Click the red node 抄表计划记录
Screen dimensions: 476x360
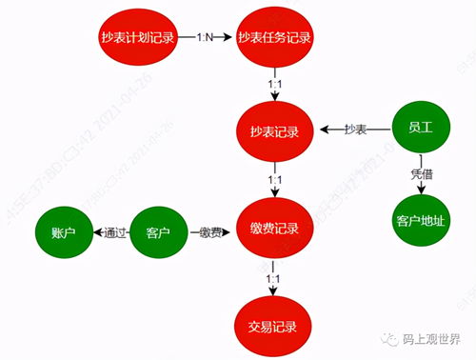pyautogui.click(x=138, y=37)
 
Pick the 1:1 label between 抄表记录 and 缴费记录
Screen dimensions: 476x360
pyautogui.click(x=274, y=180)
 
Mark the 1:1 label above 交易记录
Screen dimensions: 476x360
pyautogui.click(x=274, y=278)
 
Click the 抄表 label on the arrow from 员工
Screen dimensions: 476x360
pyautogui.click(x=355, y=129)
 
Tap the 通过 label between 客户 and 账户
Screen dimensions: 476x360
pyautogui.click(x=112, y=231)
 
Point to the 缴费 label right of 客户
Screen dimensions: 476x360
pyautogui.click(x=211, y=231)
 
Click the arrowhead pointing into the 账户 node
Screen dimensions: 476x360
pyautogui.click(x=96, y=231)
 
